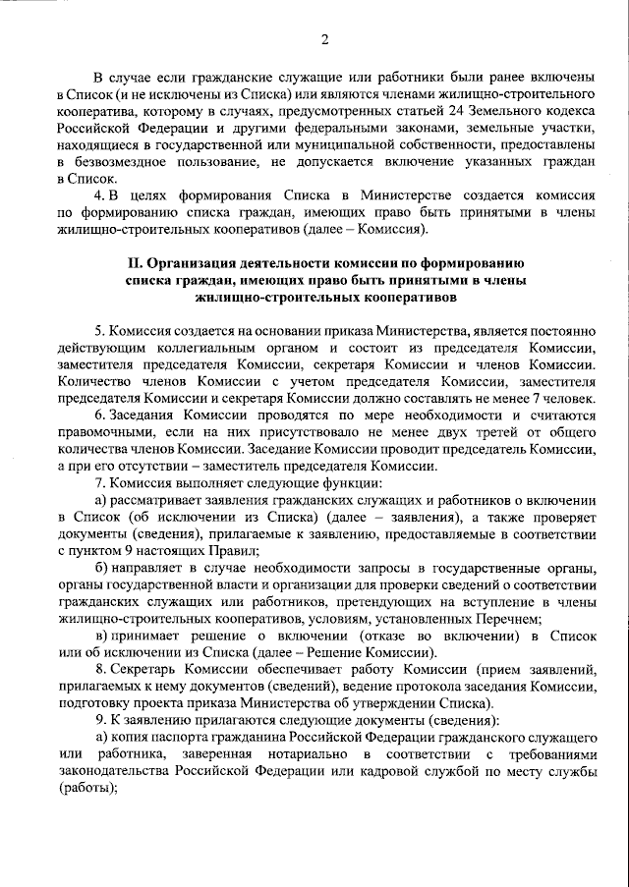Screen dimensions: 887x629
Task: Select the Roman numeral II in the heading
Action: coord(136,263)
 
